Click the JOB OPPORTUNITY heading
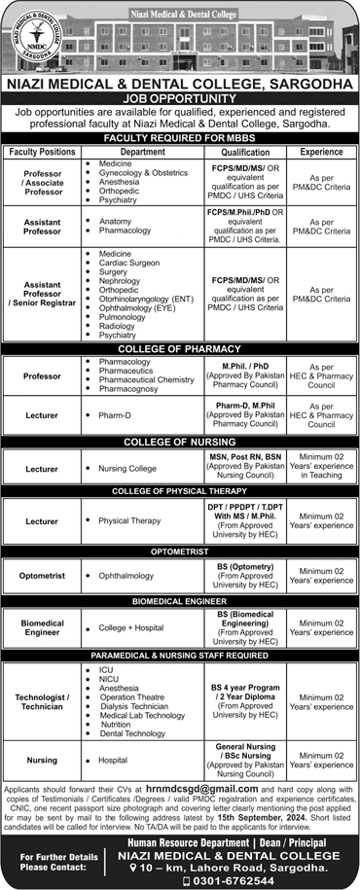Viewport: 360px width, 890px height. pos(180,98)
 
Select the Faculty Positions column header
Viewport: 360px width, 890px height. pos(44,153)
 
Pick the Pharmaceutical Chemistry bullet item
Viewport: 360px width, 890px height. pos(147,379)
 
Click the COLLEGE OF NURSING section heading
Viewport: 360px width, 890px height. pos(180,442)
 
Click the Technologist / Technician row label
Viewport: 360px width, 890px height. pos(44,703)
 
